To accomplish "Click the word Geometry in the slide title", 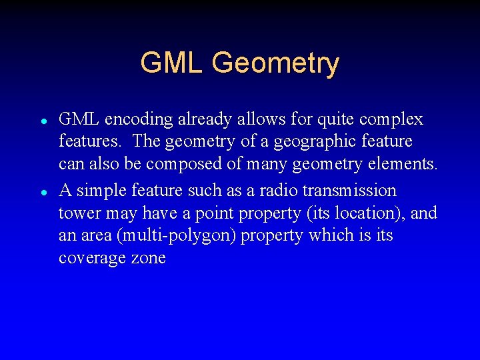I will click(x=275, y=64).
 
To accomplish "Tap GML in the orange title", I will click(x=173, y=63).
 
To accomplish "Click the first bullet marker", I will click(x=42, y=122).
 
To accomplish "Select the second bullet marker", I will click(x=42, y=192).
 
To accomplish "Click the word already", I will click(x=199, y=120).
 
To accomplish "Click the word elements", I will click(x=407, y=165).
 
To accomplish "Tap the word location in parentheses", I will click(x=368, y=213).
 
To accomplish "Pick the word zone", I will click(x=148, y=259).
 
